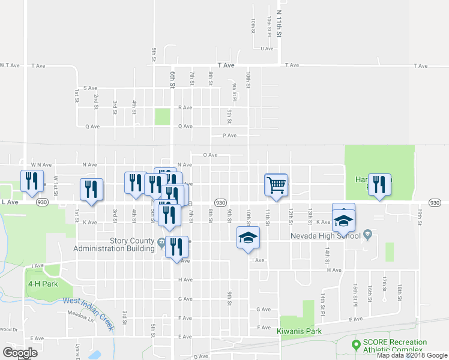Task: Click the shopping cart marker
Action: coord(276,185)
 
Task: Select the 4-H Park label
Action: coord(43,283)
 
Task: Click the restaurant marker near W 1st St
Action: coord(32,181)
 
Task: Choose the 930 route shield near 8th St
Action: coord(220,203)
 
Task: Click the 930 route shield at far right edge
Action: coord(436,203)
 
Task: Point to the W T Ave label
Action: coord(11,65)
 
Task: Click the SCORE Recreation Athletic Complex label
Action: coord(395,346)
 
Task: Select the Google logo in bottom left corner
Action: coord(19,353)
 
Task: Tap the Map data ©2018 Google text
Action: coord(409,355)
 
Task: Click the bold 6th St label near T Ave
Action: coord(172,79)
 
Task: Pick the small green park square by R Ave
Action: coord(162,116)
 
